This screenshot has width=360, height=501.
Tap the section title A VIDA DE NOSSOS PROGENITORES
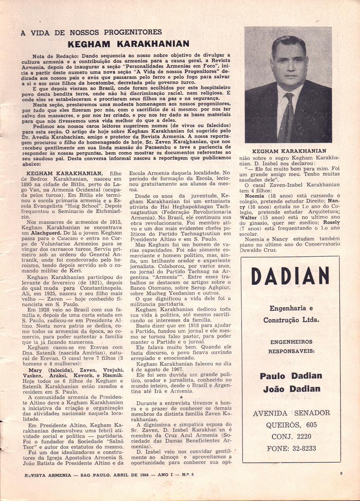tap(91, 32)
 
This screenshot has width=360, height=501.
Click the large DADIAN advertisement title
tap(290, 276)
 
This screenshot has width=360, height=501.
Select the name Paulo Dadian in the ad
tap(291, 376)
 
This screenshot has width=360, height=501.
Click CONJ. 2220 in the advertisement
tap(291, 436)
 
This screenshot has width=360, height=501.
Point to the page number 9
tap(341, 486)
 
